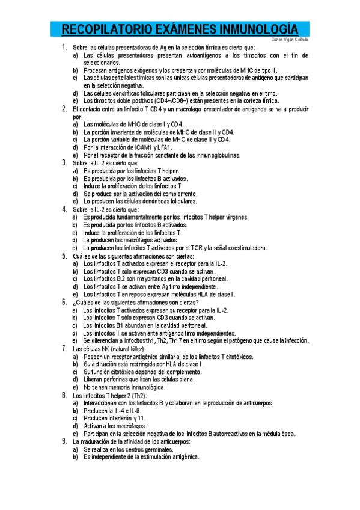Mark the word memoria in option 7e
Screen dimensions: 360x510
click(124, 387)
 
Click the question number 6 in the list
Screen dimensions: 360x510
click(64, 302)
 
